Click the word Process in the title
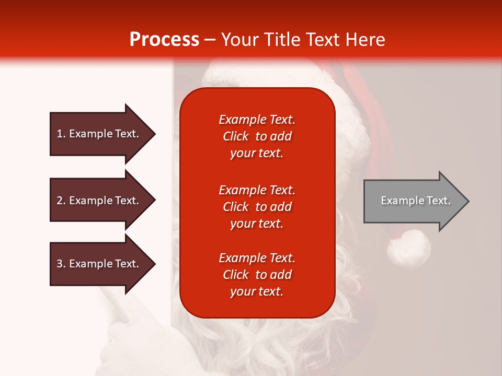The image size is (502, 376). pos(164,40)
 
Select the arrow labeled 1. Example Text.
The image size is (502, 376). pos(99,134)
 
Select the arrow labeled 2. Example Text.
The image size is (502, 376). pos(99,201)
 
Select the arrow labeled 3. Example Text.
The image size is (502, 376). pos(99,264)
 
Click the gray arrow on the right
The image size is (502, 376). pos(413,201)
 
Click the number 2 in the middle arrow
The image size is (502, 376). pos(60,201)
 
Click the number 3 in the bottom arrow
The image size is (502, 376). pos(60,264)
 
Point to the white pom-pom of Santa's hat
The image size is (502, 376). pos(408,248)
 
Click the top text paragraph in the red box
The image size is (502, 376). pos(257,136)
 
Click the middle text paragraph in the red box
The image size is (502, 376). pos(257,207)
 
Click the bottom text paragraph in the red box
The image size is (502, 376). pos(257,275)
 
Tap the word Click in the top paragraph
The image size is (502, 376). pos(236,136)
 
